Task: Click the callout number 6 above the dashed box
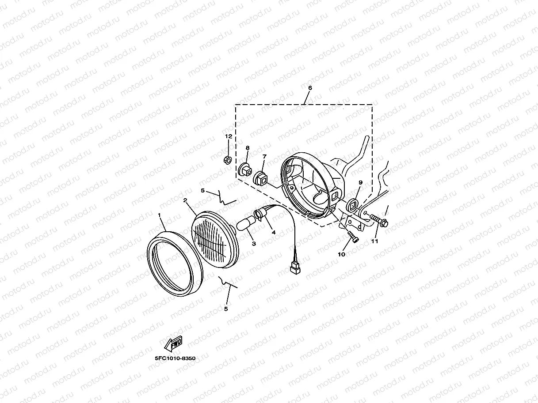(x=310, y=87)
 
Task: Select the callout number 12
(x=229, y=136)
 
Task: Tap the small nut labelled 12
(x=228, y=160)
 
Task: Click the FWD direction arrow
(x=173, y=343)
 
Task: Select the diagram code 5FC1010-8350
(x=175, y=358)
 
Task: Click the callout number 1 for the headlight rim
(x=159, y=215)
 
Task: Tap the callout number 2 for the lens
(x=185, y=200)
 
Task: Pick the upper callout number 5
(x=202, y=190)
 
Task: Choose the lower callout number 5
(x=226, y=309)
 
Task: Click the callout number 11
(x=374, y=241)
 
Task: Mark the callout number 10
(x=341, y=255)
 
